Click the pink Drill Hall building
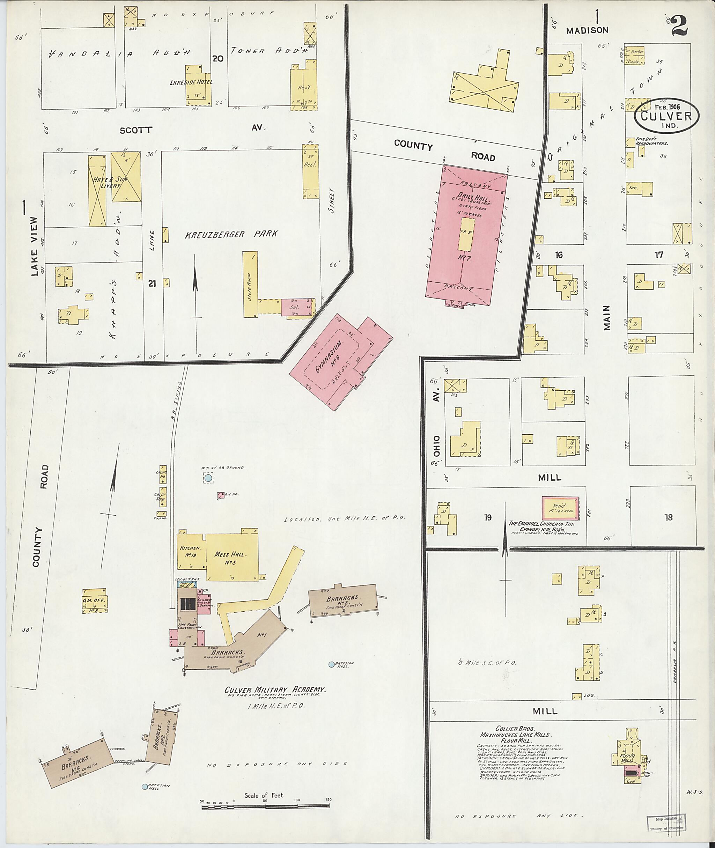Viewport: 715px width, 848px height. pyautogui.click(x=466, y=235)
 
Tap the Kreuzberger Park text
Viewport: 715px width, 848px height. pyautogui.click(x=231, y=234)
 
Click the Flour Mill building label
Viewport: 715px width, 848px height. pyautogui.click(x=627, y=758)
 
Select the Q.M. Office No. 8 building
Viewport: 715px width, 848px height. pyautogui.click(x=95, y=601)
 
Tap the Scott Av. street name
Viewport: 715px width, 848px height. pyautogui.click(x=136, y=130)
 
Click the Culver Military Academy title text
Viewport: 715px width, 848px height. pyautogui.click(x=275, y=690)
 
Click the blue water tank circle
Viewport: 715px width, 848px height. pyautogui.click(x=208, y=478)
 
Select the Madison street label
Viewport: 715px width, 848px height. pyautogui.click(x=587, y=30)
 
